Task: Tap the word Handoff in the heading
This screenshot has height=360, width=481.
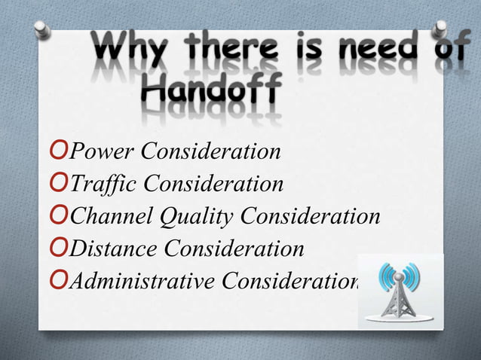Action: coord(210,95)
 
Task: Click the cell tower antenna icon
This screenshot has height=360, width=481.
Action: coord(400,291)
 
